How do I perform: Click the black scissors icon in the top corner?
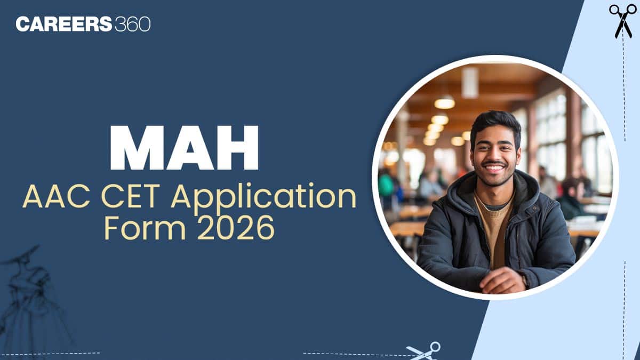click(622, 20)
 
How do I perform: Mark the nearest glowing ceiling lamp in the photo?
click(444, 102)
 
